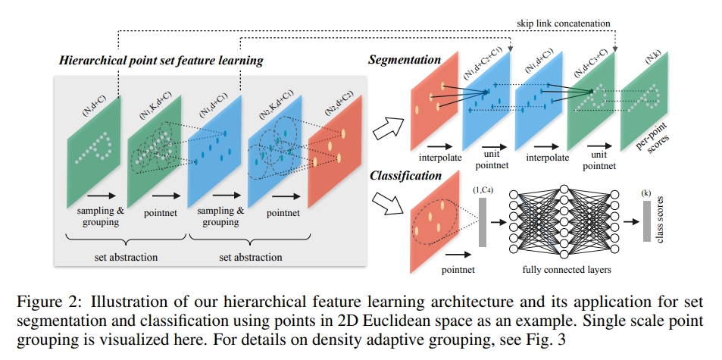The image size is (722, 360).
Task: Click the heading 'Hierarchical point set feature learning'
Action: tap(161, 61)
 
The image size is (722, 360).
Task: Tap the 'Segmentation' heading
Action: tap(405, 60)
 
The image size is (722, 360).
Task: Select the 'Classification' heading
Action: tap(405, 176)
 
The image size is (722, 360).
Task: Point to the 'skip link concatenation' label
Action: tap(563, 23)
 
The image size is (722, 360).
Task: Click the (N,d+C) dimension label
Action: tap(94, 105)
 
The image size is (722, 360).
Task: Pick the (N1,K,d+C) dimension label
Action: tap(155, 105)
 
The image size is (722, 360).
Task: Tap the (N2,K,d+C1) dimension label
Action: tap(277, 104)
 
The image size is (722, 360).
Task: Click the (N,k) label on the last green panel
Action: tap(653, 57)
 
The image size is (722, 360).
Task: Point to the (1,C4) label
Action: tap(483, 190)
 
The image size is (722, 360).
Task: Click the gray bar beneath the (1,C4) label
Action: tap(483, 222)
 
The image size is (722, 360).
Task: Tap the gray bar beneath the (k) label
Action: tap(647, 221)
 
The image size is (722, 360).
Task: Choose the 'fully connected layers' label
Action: tap(567, 270)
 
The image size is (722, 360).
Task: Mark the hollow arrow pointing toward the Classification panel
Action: tap(388, 203)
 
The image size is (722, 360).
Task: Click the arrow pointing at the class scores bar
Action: tap(631, 222)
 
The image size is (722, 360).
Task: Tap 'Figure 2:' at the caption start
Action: tap(50, 302)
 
